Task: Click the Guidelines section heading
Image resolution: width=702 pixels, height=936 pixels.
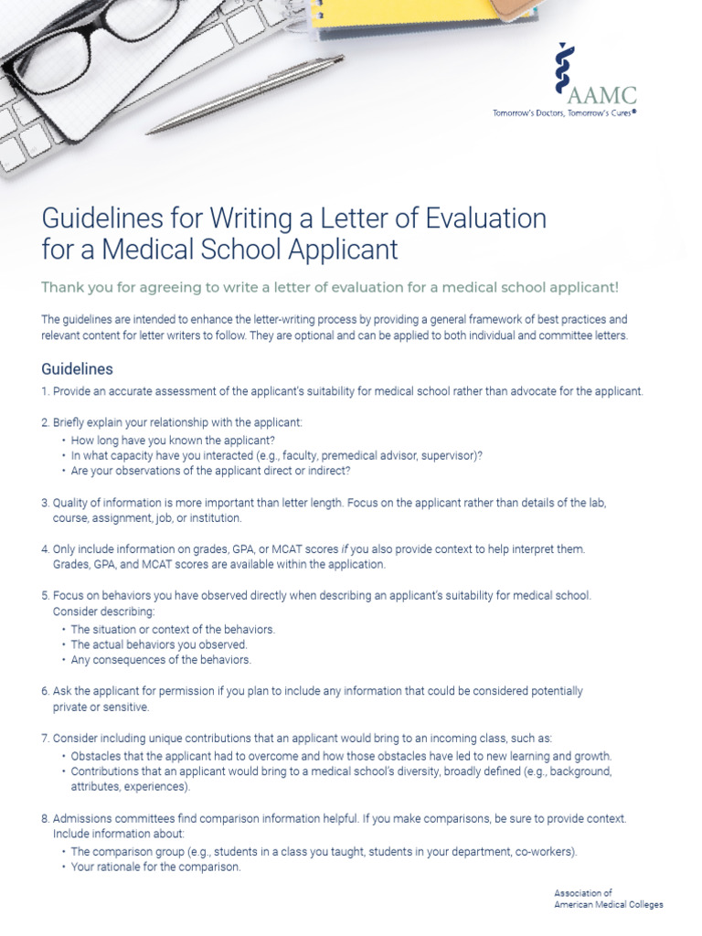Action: click(x=78, y=369)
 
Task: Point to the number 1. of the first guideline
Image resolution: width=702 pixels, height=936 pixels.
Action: click(x=46, y=391)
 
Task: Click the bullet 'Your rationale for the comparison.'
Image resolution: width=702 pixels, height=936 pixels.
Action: click(x=155, y=867)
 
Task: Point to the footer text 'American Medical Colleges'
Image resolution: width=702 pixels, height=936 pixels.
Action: click(x=609, y=904)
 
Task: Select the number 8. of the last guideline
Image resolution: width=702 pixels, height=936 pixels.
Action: click(x=46, y=819)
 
